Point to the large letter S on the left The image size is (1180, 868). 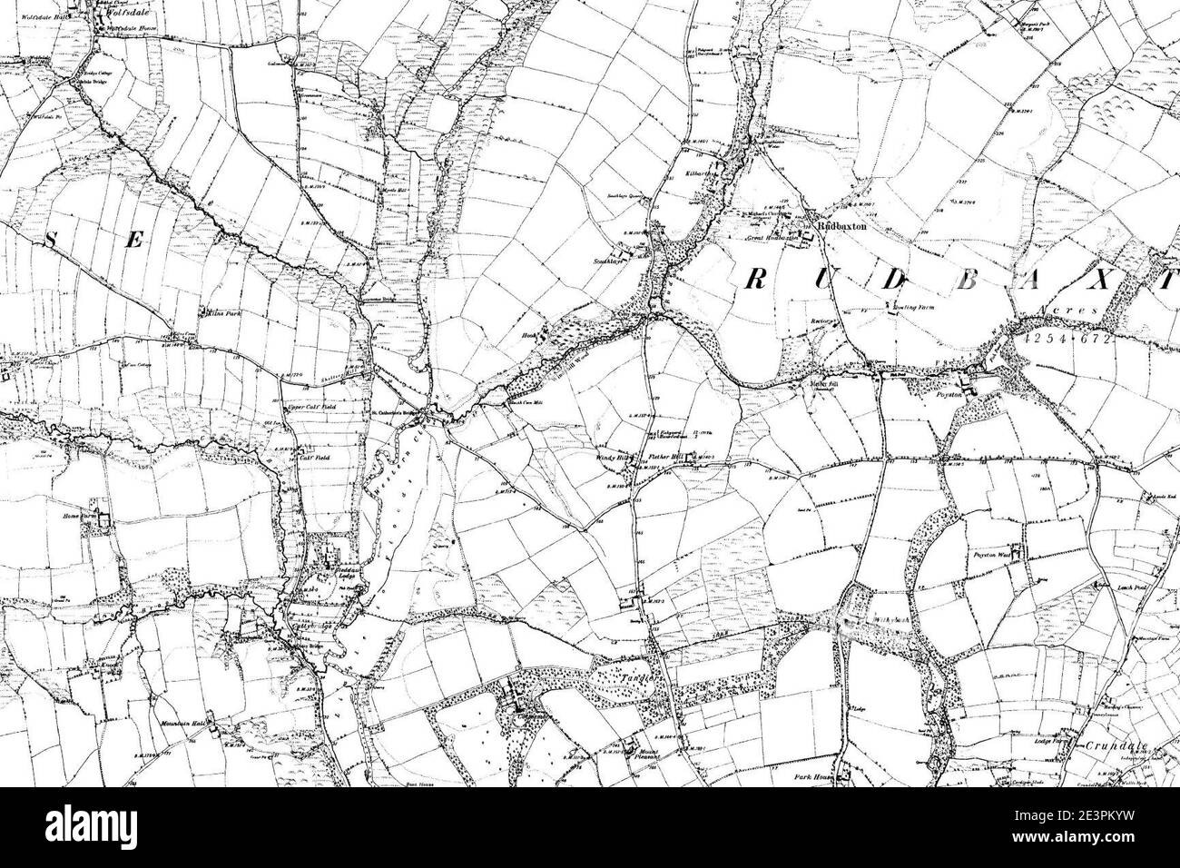pyautogui.click(x=53, y=240)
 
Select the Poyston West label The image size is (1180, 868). pyautogui.click(x=998, y=551)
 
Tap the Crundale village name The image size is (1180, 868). pyautogui.click(x=1116, y=746)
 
